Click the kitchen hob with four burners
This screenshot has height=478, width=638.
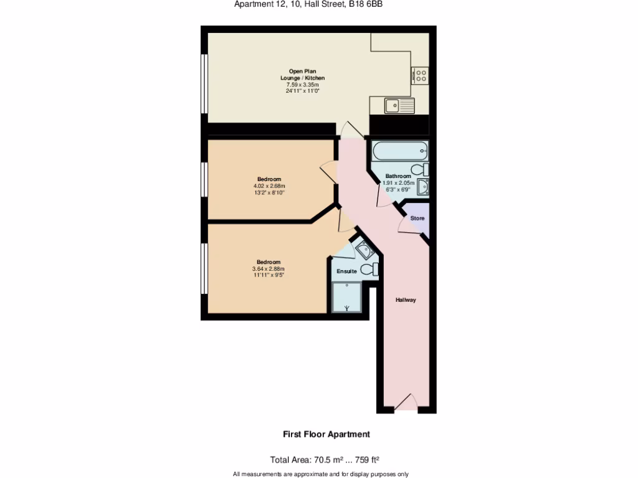coord(421,75)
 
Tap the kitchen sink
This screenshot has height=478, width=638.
coord(399,106)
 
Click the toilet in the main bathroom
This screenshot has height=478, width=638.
coord(420,169)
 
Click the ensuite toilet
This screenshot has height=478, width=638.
coord(371,269)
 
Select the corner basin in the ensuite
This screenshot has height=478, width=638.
coord(362,250)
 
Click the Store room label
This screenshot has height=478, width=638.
coord(417,218)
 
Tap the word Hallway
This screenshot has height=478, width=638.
coord(406,300)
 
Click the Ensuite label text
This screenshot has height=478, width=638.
coord(346,271)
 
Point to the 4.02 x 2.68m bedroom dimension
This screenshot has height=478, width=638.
coord(269,185)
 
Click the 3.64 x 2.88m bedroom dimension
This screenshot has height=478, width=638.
coord(268,268)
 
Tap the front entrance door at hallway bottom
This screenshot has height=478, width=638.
coord(406,403)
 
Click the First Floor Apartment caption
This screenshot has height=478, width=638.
coord(326,434)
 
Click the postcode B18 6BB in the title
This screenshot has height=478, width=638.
coord(366,4)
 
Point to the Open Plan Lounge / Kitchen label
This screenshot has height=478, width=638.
coord(302,75)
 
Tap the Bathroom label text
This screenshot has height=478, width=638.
coord(398,176)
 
